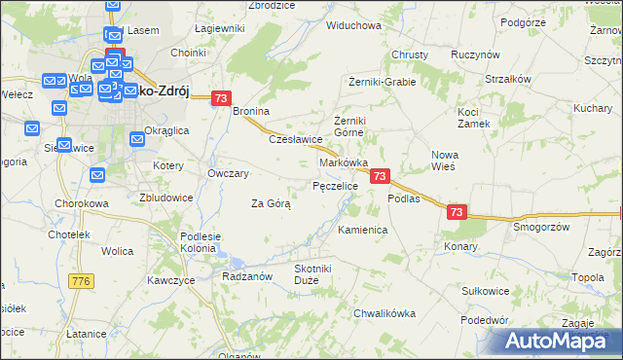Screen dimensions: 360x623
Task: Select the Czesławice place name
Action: pos(295,139)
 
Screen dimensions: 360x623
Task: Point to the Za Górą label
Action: pos(272,204)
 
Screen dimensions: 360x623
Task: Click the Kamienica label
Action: pos(363,231)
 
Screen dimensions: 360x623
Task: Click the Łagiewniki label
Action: pos(219,29)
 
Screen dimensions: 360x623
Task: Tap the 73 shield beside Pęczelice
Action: pos(380,176)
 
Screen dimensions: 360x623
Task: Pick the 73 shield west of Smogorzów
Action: pos(458,211)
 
